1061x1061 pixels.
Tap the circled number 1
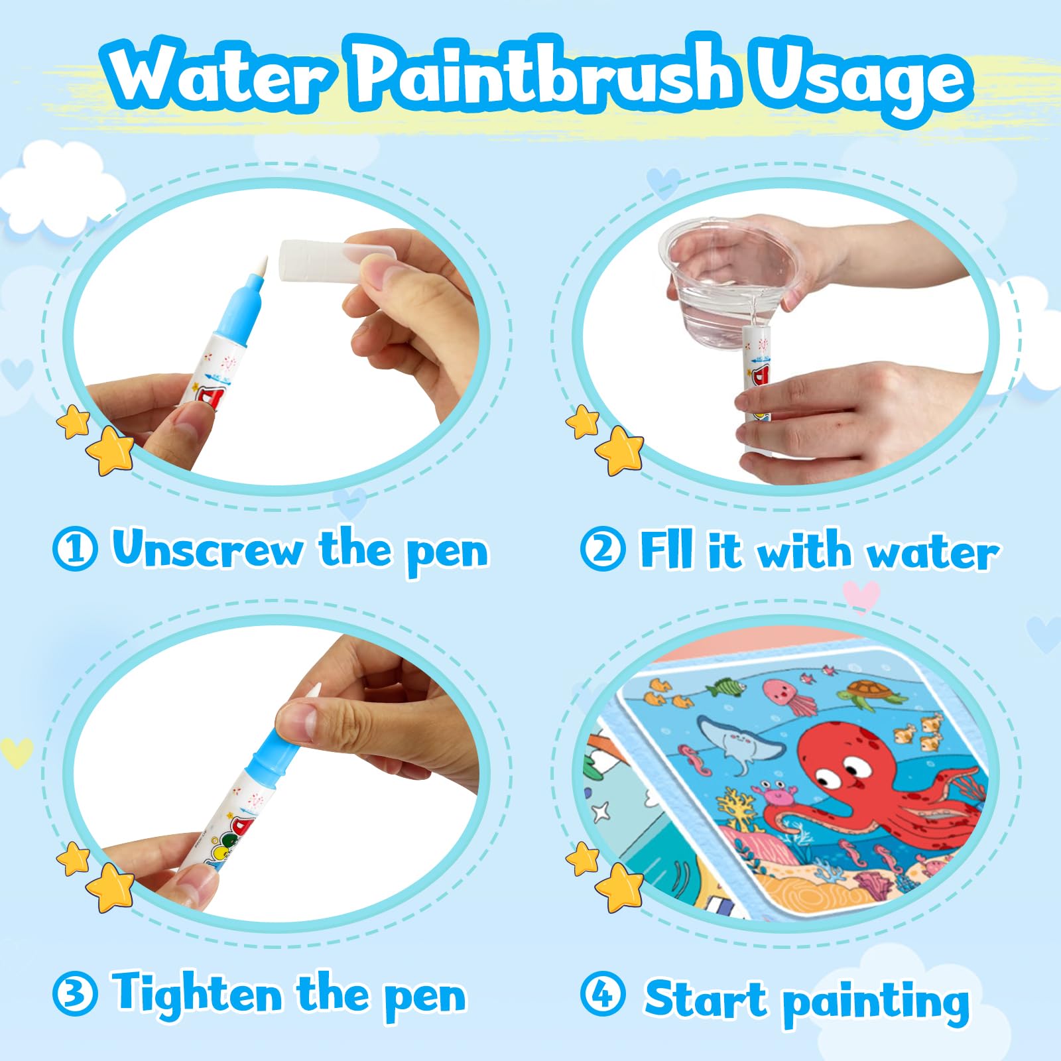coord(75,549)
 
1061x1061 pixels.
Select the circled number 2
coord(602,549)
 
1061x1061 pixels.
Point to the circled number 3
coord(75,995)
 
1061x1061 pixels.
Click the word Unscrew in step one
coord(208,549)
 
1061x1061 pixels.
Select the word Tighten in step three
coord(197,995)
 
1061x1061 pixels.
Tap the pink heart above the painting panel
coord(861,595)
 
